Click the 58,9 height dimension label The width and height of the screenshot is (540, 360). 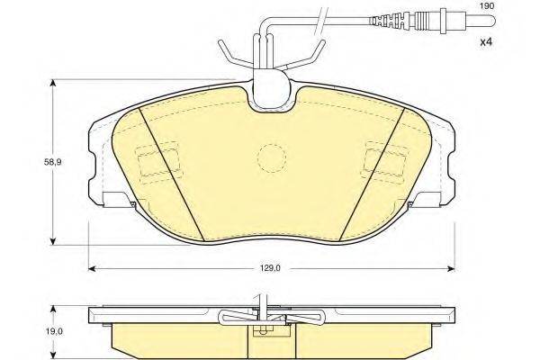[x=52, y=162]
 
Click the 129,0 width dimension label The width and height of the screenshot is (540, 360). [x=270, y=268]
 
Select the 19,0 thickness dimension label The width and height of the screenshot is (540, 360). [x=55, y=332]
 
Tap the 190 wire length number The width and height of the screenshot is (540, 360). [x=487, y=6]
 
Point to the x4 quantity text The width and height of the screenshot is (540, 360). [x=486, y=42]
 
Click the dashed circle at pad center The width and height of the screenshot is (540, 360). [x=272, y=157]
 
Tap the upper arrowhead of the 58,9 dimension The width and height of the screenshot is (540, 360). [x=53, y=83]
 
